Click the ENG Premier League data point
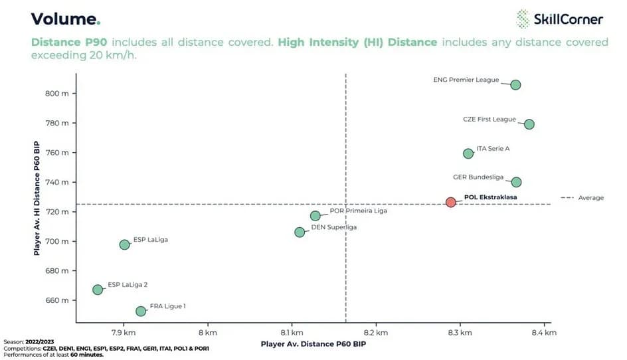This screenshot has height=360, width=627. click(x=515, y=84)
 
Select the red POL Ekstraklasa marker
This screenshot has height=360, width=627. click(x=450, y=202)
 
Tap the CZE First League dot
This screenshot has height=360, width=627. click(x=529, y=124)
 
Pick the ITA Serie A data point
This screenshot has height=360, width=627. click(x=468, y=153)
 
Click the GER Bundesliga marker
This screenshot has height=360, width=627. click(x=516, y=182)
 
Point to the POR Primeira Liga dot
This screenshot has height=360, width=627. click(x=315, y=216)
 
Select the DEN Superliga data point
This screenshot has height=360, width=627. click(x=300, y=232)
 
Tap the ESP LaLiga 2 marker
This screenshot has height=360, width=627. click(x=98, y=290)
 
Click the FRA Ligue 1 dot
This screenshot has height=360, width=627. click(x=141, y=311)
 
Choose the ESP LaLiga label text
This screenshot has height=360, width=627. click(x=151, y=240)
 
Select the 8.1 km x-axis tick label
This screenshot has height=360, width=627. click(x=292, y=332)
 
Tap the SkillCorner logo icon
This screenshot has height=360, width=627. click(x=523, y=19)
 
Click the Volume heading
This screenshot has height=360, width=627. click(x=65, y=19)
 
